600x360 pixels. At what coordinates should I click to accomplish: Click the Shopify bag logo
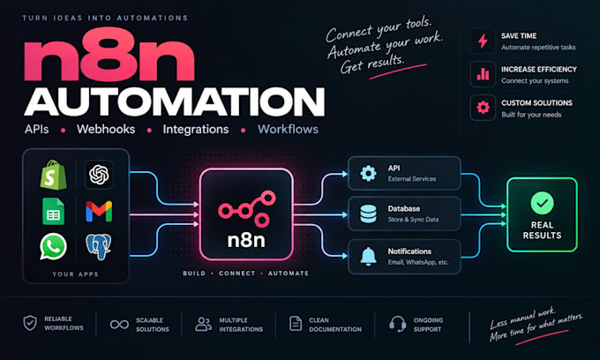(x=53, y=175)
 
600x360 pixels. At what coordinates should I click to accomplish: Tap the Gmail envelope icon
(x=99, y=211)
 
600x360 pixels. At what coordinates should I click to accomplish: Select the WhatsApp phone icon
(x=53, y=247)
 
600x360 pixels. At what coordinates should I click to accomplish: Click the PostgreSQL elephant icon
(x=99, y=247)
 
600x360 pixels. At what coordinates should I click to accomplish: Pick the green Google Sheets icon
(x=53, y=211)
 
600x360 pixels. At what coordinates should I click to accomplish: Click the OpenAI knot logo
(x=99, y=175)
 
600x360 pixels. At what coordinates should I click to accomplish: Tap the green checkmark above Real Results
(x=542, y=203)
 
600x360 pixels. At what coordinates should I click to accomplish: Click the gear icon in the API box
(x=368, y=173)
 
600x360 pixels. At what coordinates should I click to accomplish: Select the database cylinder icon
(x=368, y=214)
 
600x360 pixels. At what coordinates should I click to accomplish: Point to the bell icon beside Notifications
(x=368, y=256)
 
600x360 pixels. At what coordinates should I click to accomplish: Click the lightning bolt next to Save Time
(x=483, y=41)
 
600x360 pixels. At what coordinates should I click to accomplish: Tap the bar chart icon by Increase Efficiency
(x=483, y=74)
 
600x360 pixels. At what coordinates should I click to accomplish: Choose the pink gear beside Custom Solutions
(x=483, y=108)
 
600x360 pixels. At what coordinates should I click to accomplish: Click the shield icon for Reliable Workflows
(x=30, y=323)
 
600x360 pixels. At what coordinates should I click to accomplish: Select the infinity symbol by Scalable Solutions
(x=119, y=325)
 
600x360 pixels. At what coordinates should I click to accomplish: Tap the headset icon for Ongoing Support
(x=398, y=324)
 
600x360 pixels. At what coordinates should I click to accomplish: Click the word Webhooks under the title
(x=106, y=130)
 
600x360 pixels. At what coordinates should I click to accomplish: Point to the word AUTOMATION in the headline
(x=175, y=101)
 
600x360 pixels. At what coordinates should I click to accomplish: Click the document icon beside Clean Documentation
(x=296, y=324)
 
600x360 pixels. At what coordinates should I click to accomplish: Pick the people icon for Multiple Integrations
(x=203, y=324)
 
